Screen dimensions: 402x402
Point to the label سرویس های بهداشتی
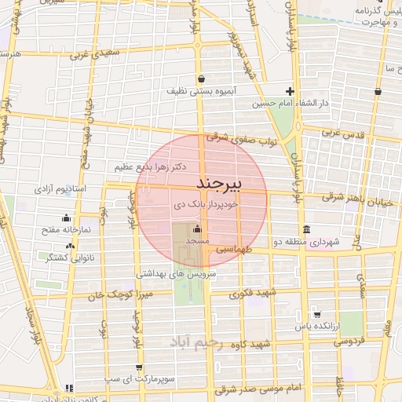(176, 275)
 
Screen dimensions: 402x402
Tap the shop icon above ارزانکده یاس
(316, 313)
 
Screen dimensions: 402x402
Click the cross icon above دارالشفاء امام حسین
(291, 91)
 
